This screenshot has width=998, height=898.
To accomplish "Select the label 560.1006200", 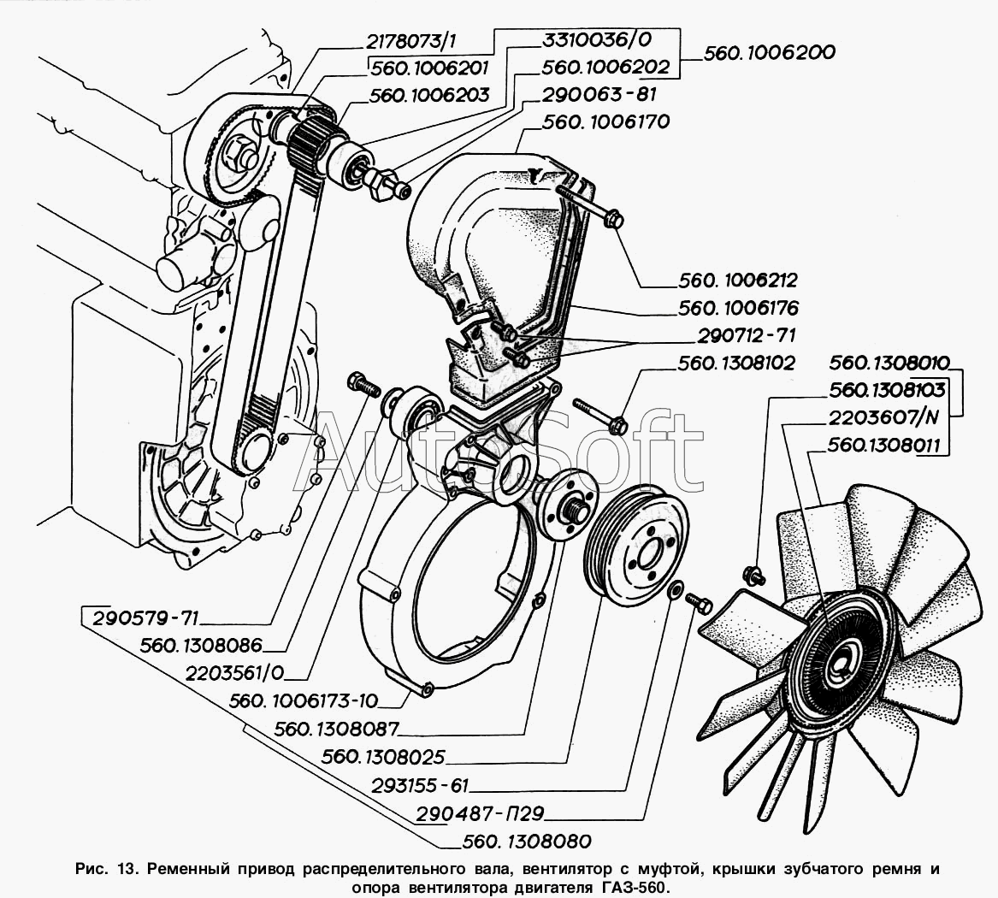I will point(769,52).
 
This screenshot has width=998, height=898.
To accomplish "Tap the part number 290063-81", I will point(599,94).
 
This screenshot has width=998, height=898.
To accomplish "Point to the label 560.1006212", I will point(737,280).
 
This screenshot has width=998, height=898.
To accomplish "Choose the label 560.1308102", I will point(736,363).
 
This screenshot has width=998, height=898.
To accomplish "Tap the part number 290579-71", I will point(147,618).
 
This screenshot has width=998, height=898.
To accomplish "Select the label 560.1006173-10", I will point(303,701).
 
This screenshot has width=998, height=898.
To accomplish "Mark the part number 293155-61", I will point(420,785).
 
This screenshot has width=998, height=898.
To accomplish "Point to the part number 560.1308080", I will point(525,841).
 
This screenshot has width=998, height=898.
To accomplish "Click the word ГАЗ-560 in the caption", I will point(622,887).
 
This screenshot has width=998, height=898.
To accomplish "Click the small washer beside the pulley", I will point(674,590).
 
